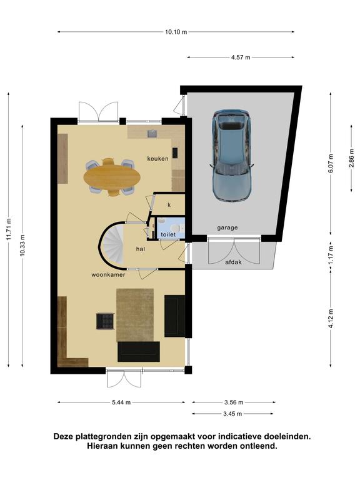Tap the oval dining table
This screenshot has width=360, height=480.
pos(112,177)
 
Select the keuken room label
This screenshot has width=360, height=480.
pos(157,159)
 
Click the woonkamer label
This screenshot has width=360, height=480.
pos(108,275)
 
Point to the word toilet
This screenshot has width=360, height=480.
pos(168,234)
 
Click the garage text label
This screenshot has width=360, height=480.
pos(227,227)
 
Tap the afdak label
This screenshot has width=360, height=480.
pos(234,262)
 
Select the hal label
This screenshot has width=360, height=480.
pos(141,249)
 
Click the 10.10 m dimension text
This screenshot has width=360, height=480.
pos(176,32)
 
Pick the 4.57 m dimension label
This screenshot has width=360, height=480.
pos(241,57)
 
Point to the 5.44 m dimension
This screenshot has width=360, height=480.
pos(121,402)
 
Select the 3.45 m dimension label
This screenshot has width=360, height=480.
pos(232,414)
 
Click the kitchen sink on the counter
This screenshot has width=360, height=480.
pos(152,134)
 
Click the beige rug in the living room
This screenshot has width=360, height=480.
pos(135,315)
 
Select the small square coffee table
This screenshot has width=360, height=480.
pos(105,321)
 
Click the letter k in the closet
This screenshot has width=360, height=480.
pos(169,205)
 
